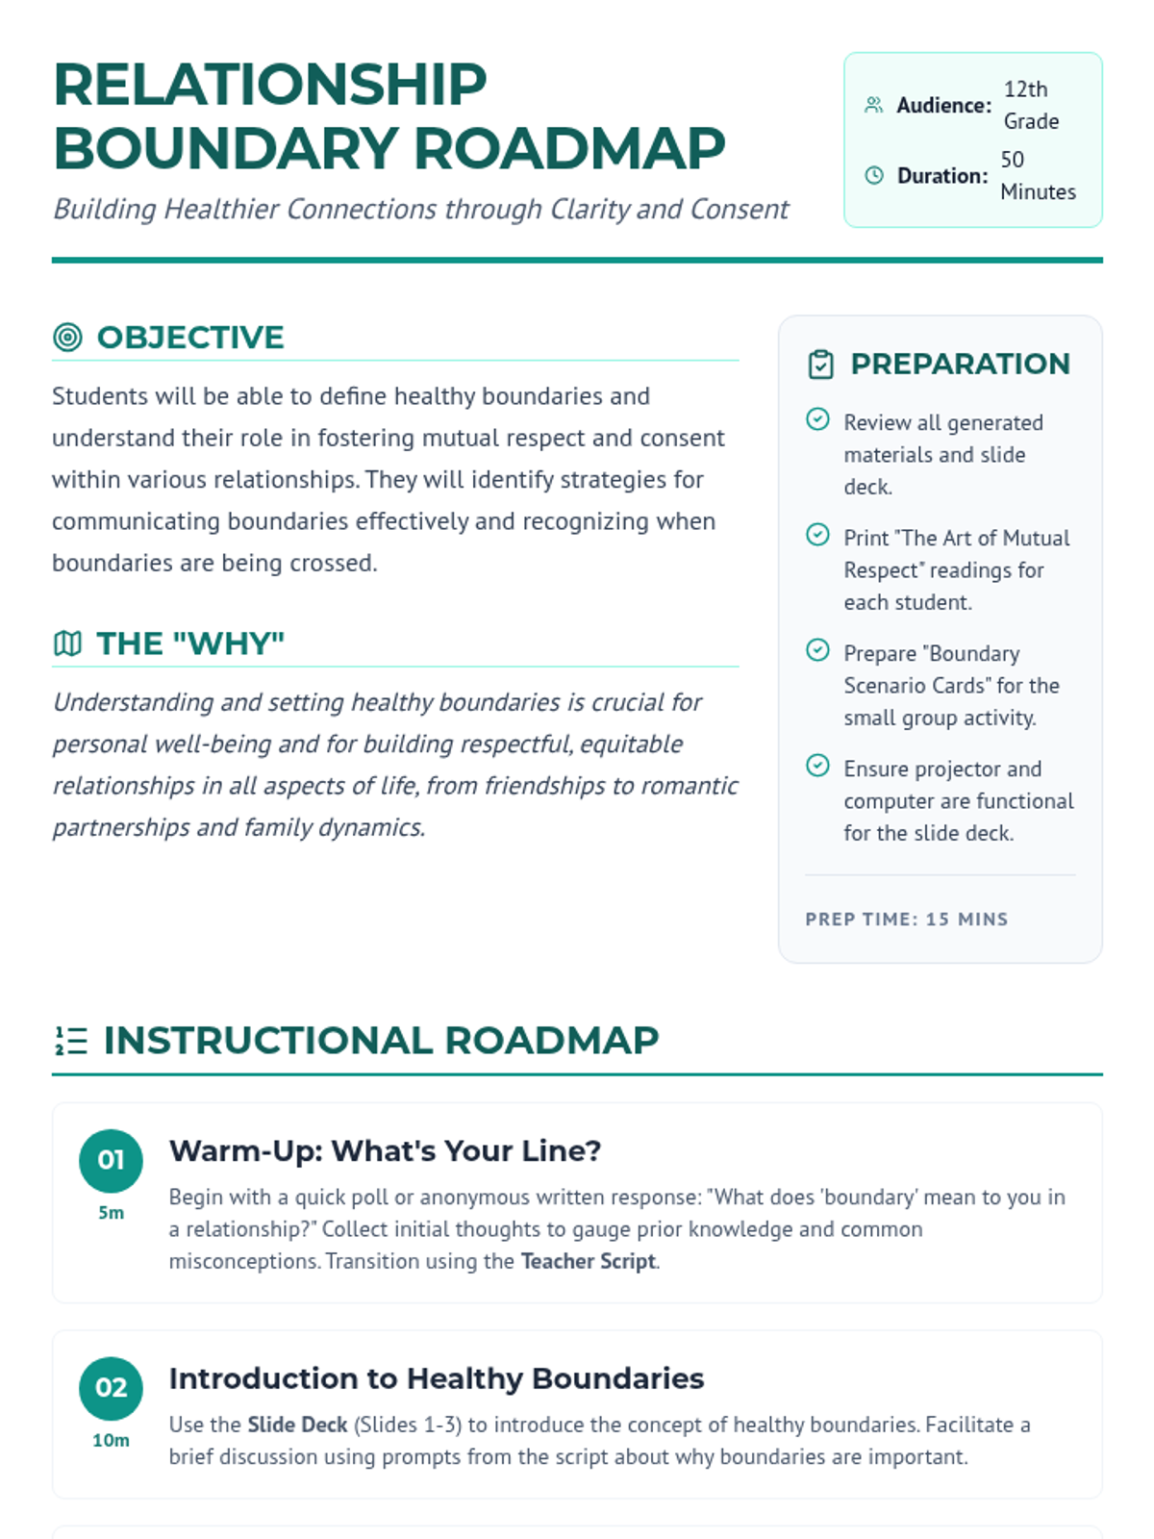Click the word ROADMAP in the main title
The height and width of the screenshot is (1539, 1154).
(568, 149)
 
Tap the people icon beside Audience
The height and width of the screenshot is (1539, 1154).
(873, 105)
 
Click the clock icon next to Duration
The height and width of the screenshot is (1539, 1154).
(873, 175)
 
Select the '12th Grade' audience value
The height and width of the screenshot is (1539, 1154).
(1031, 105)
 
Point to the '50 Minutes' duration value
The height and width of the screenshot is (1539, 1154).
(1037, 175)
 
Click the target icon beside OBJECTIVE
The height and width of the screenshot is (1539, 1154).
(67, 338)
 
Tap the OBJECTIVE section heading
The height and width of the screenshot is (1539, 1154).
(190, 338)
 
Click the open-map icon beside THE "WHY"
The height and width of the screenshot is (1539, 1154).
(67, 643)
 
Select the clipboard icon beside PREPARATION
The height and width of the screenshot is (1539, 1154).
(820, 365)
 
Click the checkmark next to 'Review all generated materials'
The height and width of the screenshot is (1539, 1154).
(817, 419)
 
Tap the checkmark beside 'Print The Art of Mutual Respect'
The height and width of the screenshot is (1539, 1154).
(817, 535)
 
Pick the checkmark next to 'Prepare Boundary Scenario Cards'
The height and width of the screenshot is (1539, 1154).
(817, 650)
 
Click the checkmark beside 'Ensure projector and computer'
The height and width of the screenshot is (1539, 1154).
(817, 766)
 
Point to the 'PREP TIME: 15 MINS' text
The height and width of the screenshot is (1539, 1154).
(906, 920)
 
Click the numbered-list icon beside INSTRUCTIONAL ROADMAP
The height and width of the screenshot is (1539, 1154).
(71, 1041)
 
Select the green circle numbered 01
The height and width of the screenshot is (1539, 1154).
(111, 1160)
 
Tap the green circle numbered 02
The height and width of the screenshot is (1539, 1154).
(111, 1388)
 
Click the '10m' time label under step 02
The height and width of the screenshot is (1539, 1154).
(111, 1440)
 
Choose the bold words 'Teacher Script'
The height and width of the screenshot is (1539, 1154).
(589, 1261)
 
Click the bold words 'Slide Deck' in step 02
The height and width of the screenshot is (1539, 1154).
(297, 1425)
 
